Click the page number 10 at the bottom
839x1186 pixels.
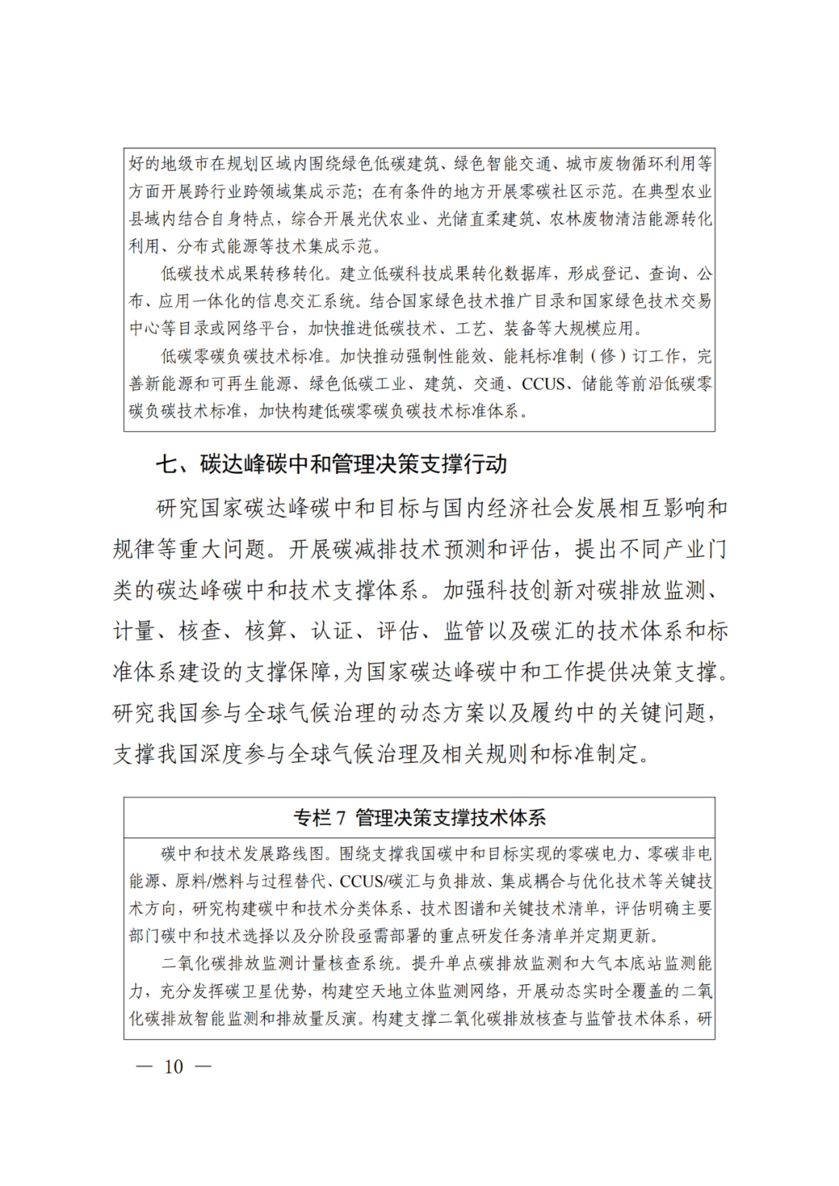coord(174,1066)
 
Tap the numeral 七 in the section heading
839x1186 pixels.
coord(166,464)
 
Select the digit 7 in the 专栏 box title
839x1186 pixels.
coord(340,818)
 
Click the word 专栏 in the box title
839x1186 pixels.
coord(312,818)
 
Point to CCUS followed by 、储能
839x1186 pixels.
coord(544,384)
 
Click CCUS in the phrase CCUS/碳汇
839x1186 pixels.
coord(362,882)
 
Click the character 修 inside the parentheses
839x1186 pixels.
coord(609,356)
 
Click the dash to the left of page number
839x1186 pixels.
coord(144,1066)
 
